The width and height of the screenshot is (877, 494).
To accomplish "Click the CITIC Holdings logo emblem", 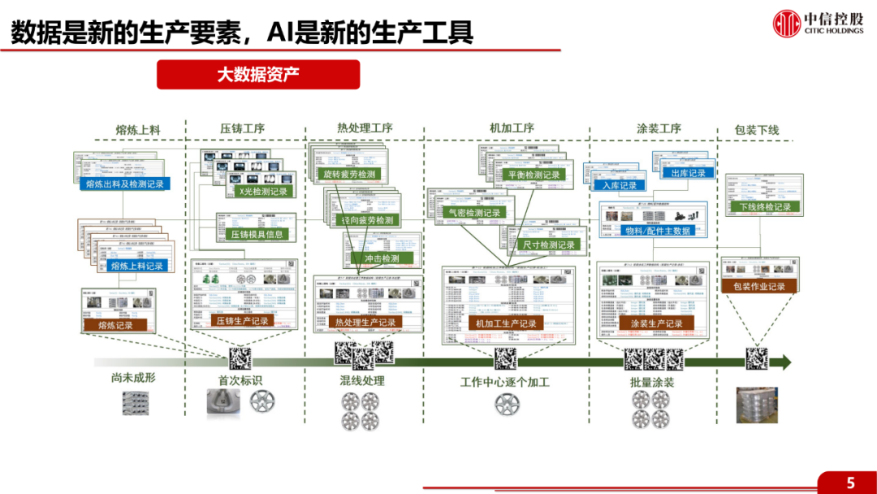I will (786, 23).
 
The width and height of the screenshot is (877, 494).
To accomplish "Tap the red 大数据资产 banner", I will (258, 75).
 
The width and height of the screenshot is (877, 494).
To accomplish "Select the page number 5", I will (850, 483).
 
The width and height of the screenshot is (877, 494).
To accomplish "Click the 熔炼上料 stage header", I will (138, 129).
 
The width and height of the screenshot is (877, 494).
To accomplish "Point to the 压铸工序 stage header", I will (243, 128).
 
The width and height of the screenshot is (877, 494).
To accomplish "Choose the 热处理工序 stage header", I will (365, 128).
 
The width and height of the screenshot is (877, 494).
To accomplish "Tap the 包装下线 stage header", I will (756, 130).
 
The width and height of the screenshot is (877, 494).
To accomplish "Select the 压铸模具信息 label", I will (252, 235).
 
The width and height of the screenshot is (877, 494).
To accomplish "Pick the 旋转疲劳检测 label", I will (350, 175).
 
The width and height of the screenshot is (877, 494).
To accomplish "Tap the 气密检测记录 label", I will (475, 213).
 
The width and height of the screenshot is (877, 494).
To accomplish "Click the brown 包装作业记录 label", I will (759, 286).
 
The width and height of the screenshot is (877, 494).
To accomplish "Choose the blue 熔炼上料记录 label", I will (125, 266).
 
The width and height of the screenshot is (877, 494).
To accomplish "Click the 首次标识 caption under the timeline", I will (240, 380).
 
